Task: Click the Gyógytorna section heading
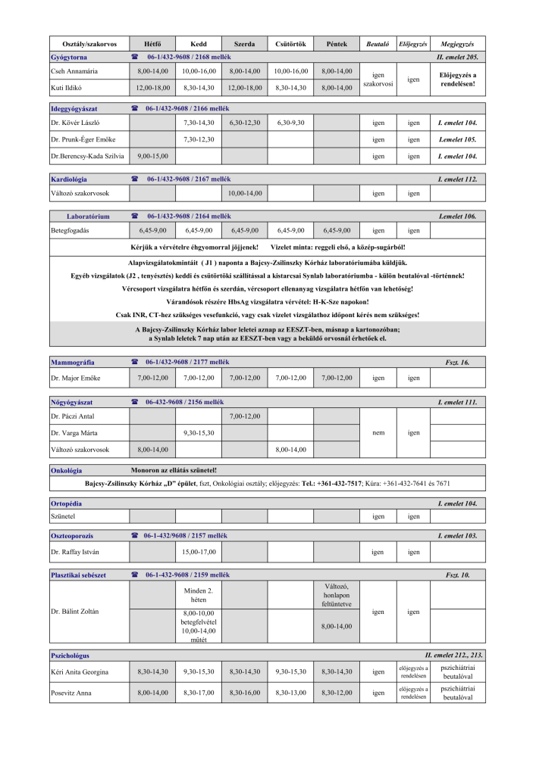(x=69, y=58)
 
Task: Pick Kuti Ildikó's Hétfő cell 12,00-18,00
(x=152, y=88)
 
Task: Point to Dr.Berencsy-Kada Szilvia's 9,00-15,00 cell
(x=152, y=157)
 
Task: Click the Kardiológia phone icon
(x=134, y=179)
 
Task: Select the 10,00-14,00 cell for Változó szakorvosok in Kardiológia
(x=245, y=194)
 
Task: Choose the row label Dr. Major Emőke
(x=76, y=378)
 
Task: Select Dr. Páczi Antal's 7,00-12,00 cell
(x=245, y=416)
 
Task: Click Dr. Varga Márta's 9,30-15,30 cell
(x=199, y=433)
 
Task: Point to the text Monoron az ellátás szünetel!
(x=174, y=471)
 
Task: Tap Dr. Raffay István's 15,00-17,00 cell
(x=199, y=552)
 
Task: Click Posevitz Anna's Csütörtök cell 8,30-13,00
(x=291, y=693)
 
